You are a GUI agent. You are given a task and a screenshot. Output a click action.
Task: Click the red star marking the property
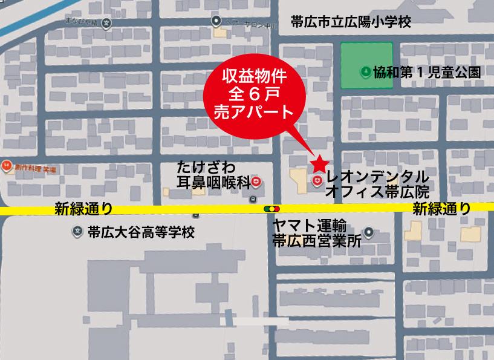(x=319, y=163)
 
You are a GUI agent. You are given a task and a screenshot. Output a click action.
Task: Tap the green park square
(x=366, y=65)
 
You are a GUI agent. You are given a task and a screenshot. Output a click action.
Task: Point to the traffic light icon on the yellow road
(x=270, y=209)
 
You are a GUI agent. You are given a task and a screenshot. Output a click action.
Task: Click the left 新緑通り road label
(x=83, y=209)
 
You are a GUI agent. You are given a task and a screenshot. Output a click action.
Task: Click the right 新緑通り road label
(x=441, y=209)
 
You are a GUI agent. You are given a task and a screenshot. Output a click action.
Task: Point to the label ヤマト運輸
(x=309, y=226)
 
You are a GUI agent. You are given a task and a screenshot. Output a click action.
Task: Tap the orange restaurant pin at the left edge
(x=7, y=164)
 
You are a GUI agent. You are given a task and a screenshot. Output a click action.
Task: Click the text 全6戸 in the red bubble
(x=253, y=94)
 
